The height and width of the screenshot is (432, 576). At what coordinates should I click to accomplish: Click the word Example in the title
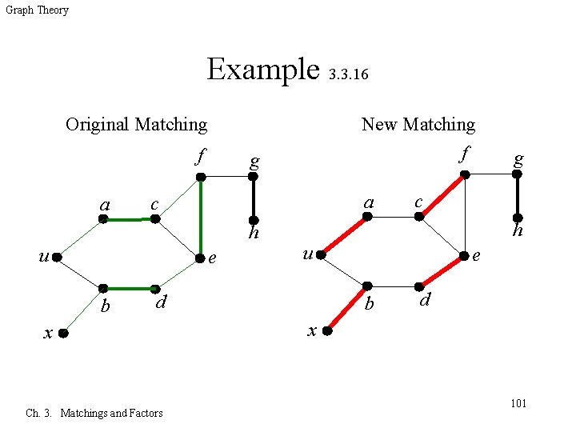pos(262,69)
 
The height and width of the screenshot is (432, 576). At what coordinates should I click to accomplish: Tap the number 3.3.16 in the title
pos(349,75)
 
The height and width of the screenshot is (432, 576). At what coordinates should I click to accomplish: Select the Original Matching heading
pos(136,124)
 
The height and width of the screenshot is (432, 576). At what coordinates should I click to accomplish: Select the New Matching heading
pos(418,124)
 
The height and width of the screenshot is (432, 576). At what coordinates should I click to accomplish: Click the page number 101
pos(518,403)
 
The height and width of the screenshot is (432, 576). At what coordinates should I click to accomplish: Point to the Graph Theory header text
pos(37,10)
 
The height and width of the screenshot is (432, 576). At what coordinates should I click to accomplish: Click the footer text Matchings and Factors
pos(111,413)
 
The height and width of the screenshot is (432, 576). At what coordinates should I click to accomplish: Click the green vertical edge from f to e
pos(201,216)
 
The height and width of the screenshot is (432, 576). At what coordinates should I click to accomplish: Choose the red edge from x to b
pos(346,307)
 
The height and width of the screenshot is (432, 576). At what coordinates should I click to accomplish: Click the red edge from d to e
pos(441,271)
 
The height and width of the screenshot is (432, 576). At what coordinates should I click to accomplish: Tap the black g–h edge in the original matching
pos(254,198)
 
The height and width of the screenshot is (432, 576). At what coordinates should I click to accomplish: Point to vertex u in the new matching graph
pos(320,255)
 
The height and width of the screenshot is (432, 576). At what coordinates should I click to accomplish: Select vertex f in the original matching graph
pos(202,176)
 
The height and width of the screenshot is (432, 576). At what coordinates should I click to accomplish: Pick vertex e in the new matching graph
pos(464,257)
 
